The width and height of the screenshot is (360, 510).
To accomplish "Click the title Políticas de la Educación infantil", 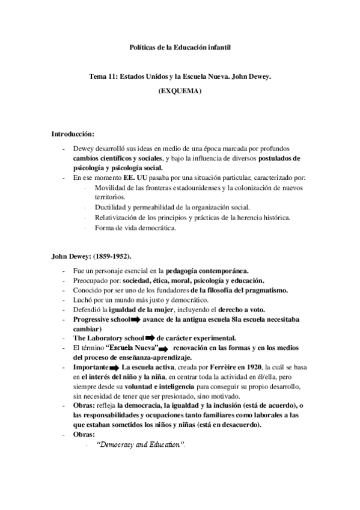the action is coord(180,46).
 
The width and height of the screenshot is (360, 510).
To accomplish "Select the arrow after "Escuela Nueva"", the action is coord(165,348).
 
